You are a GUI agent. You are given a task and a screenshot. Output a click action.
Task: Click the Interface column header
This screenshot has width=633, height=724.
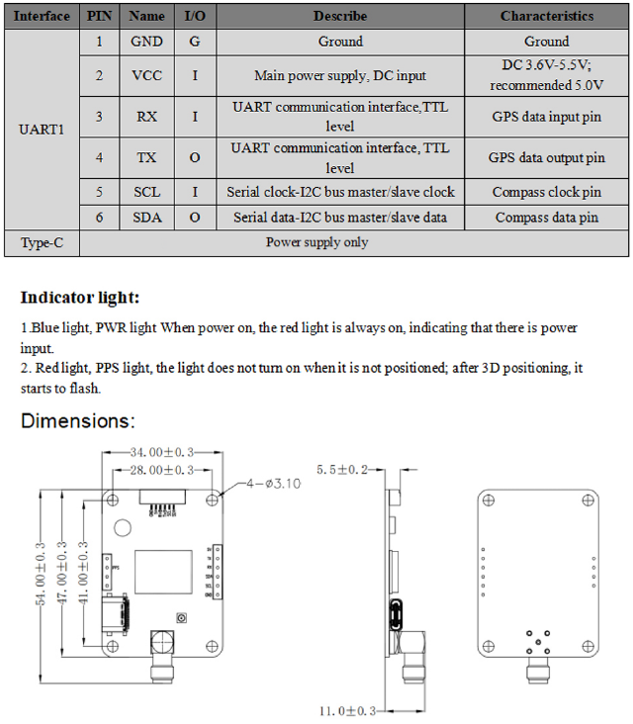(42, 16)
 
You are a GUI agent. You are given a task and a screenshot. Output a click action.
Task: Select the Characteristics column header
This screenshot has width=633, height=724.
(546, 16)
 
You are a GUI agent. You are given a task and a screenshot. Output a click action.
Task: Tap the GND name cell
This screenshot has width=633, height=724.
(146, 42)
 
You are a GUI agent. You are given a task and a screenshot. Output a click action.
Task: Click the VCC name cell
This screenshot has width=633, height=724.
(146, 75)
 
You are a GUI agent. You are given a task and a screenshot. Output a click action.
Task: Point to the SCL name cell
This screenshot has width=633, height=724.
(146, 192)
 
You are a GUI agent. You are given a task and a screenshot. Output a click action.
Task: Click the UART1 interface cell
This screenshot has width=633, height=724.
(42, 130)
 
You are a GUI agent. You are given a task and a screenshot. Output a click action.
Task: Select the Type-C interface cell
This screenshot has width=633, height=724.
(42, 242)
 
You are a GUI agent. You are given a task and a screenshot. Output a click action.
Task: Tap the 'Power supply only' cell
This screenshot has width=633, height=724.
(316, 242)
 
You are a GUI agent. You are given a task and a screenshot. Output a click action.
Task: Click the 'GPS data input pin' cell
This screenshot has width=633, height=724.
(546, 116)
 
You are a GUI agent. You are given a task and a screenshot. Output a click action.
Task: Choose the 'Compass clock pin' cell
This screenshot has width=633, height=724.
(546, 192)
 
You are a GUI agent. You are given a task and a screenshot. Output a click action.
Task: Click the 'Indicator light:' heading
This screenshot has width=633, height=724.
(80, 297)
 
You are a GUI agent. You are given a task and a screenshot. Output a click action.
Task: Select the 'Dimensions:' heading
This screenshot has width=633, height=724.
(78, 421)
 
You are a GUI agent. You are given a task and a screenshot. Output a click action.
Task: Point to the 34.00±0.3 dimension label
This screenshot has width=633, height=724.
(165, 452)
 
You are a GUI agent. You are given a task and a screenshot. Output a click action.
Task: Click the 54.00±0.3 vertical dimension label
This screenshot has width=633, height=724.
(42, 573)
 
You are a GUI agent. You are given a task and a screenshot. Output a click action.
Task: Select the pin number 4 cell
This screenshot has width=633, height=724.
(99, 157)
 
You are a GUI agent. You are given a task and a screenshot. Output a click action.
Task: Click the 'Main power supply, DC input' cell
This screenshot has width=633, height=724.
(340, 75)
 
